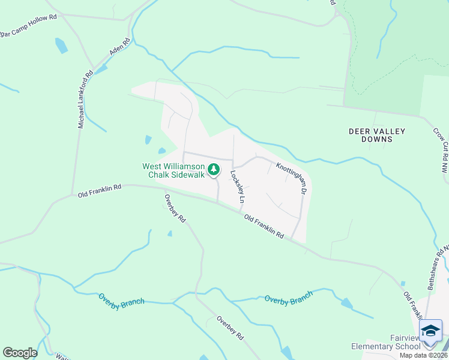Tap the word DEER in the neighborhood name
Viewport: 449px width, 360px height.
pos(361,131)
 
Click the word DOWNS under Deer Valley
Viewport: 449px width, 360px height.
pos(377,139)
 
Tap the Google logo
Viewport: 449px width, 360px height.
pos(20,353)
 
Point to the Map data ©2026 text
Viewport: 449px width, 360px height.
pos(423,355)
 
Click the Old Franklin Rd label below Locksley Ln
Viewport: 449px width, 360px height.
pos(264,227)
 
